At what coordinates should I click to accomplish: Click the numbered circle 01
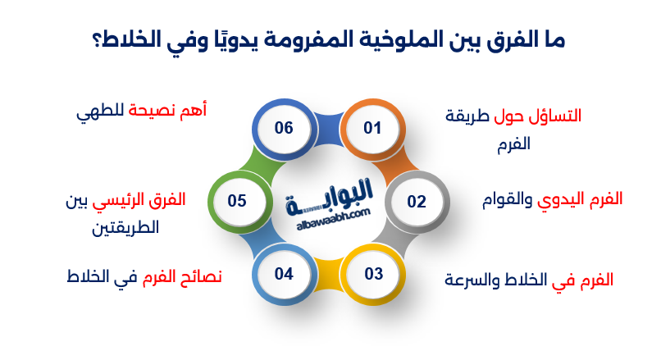click(x=372, y=129)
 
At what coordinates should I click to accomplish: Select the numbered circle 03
click(x=373, y=273)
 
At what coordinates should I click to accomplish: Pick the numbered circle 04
click(x=284, y=273)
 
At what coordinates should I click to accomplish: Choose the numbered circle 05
click(x=238, y=200)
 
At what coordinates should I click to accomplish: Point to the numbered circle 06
click(x=284, y=129)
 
